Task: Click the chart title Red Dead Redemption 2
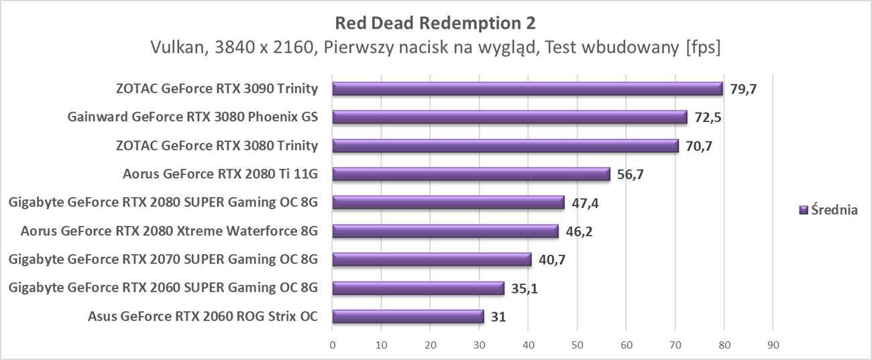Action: pyautogui.click(x=435, y=23)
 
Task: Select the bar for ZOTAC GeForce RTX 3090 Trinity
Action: pyautogui.click(x=527, y=88)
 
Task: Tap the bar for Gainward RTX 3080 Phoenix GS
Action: pyautogui.click(x=510, y=117)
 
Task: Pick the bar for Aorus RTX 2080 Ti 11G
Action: pyautogui.click(x=471, y=174)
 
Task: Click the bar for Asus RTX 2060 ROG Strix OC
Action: pyautogui.click(x=408, y=316)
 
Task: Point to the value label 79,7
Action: pyautogui.click(x=743, y=88)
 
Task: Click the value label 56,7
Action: pyautogui.click(x=631, y=174)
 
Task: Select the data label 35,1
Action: pyautogui.click(x=525, y=288)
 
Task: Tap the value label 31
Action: pyautogui.click(x=498, y=316)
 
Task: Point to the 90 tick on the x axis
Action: pyautogui.click(x=773, y=345)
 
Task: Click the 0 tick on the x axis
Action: pyautogui.click(x=333, y=345)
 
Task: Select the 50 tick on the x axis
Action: pyautogui.click(x=577, y=345)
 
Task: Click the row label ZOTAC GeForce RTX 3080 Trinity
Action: pyautogui.click(x=216, y=145)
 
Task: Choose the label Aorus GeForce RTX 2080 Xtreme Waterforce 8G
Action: pyautogui.click(x=168, y=231)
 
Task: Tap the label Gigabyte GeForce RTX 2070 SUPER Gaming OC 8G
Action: pyautogui.click(x=162, y=259)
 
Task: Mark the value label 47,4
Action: pyautogui.click(x=585, y=202)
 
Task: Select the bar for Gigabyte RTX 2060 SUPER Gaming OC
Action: pyautogui.click(x=418, y=288)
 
